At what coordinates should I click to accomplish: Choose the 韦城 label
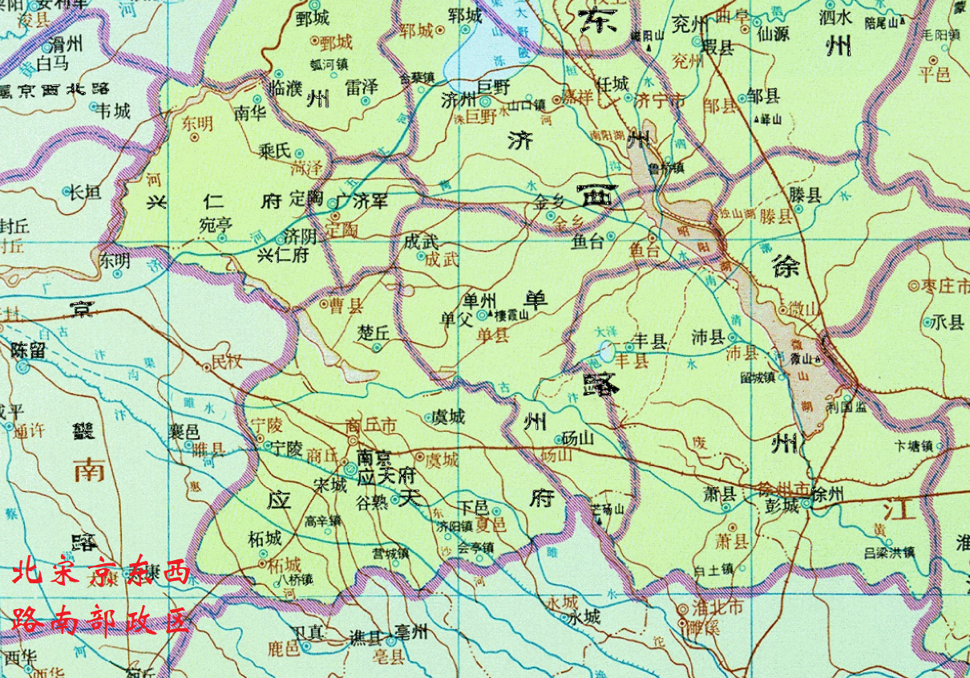[112, 110]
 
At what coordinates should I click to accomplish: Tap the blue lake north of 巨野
[489, 52]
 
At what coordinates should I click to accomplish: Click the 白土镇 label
[714, 570]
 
